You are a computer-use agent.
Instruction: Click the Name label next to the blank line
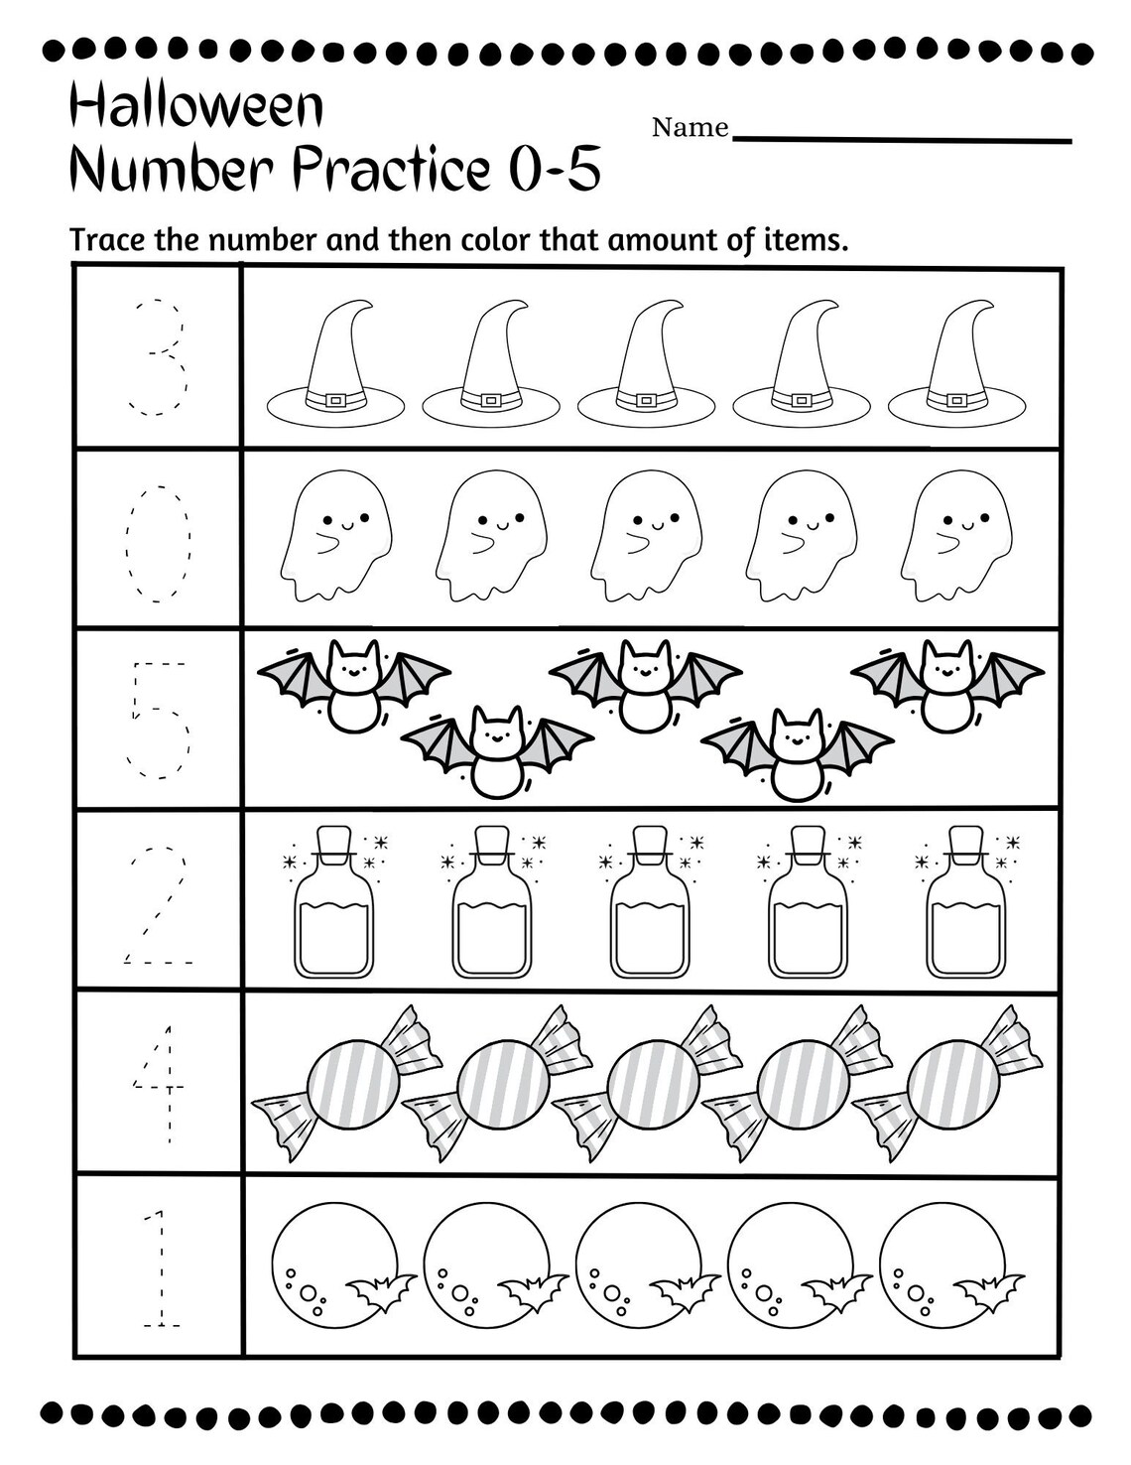[690, 127]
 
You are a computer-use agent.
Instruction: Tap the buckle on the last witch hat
[956, 400]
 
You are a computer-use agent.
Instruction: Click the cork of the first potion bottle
[334, 842]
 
